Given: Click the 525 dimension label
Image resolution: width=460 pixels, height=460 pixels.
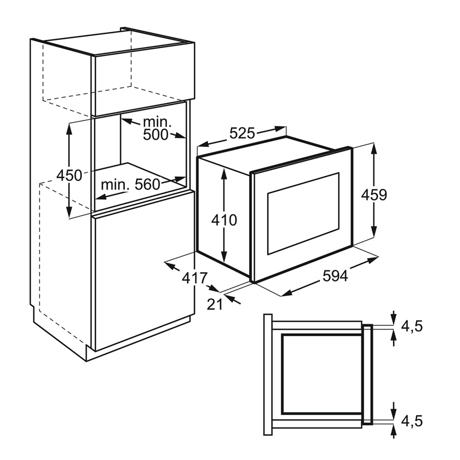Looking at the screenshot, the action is [242, 134].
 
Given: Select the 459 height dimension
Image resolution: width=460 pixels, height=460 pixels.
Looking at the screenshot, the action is [373, 195].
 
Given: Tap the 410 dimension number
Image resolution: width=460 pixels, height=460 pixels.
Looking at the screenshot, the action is [224, 220].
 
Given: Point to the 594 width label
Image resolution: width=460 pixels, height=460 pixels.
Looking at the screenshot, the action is [335, 276].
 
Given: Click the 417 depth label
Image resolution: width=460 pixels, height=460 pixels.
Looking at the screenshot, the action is [195, 278].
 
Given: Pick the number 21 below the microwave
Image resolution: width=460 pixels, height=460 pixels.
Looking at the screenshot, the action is [215, 305].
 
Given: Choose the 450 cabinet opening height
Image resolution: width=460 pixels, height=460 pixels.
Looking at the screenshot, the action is [69, 176].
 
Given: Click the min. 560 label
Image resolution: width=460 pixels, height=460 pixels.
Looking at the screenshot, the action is [130, 185].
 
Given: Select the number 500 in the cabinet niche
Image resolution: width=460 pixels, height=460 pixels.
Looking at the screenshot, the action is [156, 135].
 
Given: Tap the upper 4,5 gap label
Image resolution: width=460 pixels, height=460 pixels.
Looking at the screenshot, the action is [412, 326].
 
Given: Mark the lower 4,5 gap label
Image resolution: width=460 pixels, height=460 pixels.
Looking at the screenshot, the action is [412, 421].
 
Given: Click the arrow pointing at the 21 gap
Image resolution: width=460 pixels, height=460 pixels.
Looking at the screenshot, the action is [233, 300].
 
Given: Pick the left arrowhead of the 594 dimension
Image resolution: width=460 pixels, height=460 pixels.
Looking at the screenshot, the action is [286, 294].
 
